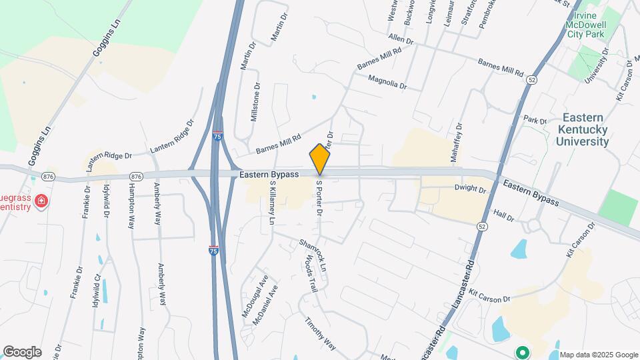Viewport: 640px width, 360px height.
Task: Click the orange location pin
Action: click(x=320, y=159)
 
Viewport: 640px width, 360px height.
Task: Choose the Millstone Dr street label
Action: click(x=254, y=103)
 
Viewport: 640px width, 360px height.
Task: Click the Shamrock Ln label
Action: click(x=315, y=255)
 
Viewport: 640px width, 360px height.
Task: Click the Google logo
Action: click(x=21, y=351)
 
